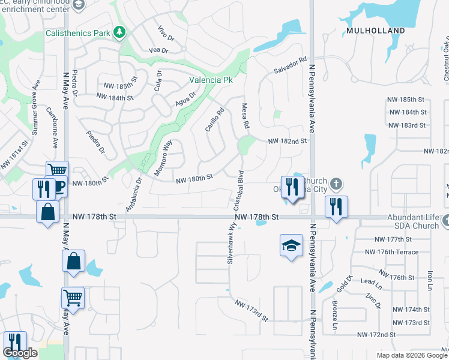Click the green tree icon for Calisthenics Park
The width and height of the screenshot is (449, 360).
(120, 32)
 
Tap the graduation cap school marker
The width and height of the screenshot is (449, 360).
(291, 245)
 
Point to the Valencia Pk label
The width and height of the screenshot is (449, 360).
(211, 79)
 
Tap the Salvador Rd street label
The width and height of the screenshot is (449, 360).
(291, 67)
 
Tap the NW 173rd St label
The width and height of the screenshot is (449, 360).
(251, 310)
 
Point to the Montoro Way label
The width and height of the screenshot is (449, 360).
(163, 157)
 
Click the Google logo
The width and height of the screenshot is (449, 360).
(20, 353)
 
